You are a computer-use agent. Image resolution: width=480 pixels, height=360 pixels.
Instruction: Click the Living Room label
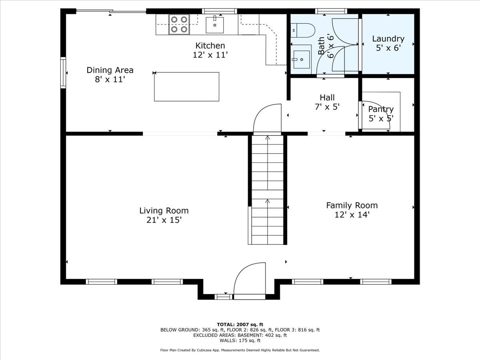coord(164,210)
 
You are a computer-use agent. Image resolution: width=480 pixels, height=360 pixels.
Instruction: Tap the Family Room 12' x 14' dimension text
coord(352,215)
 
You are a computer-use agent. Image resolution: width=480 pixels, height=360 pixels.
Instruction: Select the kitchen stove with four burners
coord(179,24)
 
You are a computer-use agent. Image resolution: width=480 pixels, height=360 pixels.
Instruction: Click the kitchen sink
coord(215,25)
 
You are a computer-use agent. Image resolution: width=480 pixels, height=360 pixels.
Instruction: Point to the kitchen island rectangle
coord(186,86)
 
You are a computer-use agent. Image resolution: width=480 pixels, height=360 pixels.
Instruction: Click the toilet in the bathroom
coord(303,29)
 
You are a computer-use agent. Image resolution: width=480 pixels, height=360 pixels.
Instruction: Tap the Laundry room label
coord(388,39)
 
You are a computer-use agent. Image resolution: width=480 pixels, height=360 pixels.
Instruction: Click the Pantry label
coord(381,109)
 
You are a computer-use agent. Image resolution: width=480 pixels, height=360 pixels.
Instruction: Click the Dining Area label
coord(110,70)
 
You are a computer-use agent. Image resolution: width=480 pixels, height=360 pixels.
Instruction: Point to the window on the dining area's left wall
coord(63,73)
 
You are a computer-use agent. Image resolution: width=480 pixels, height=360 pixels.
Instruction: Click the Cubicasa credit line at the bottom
coord(240,350)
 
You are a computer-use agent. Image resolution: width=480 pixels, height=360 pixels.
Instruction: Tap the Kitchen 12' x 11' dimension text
coord(210,55)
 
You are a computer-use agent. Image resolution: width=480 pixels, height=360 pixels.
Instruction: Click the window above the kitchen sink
coord(219,11)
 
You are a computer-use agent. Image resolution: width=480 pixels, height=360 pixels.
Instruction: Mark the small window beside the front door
coord(223,296)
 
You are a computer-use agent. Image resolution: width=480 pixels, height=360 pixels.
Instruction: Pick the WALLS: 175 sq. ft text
coord(240,341)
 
